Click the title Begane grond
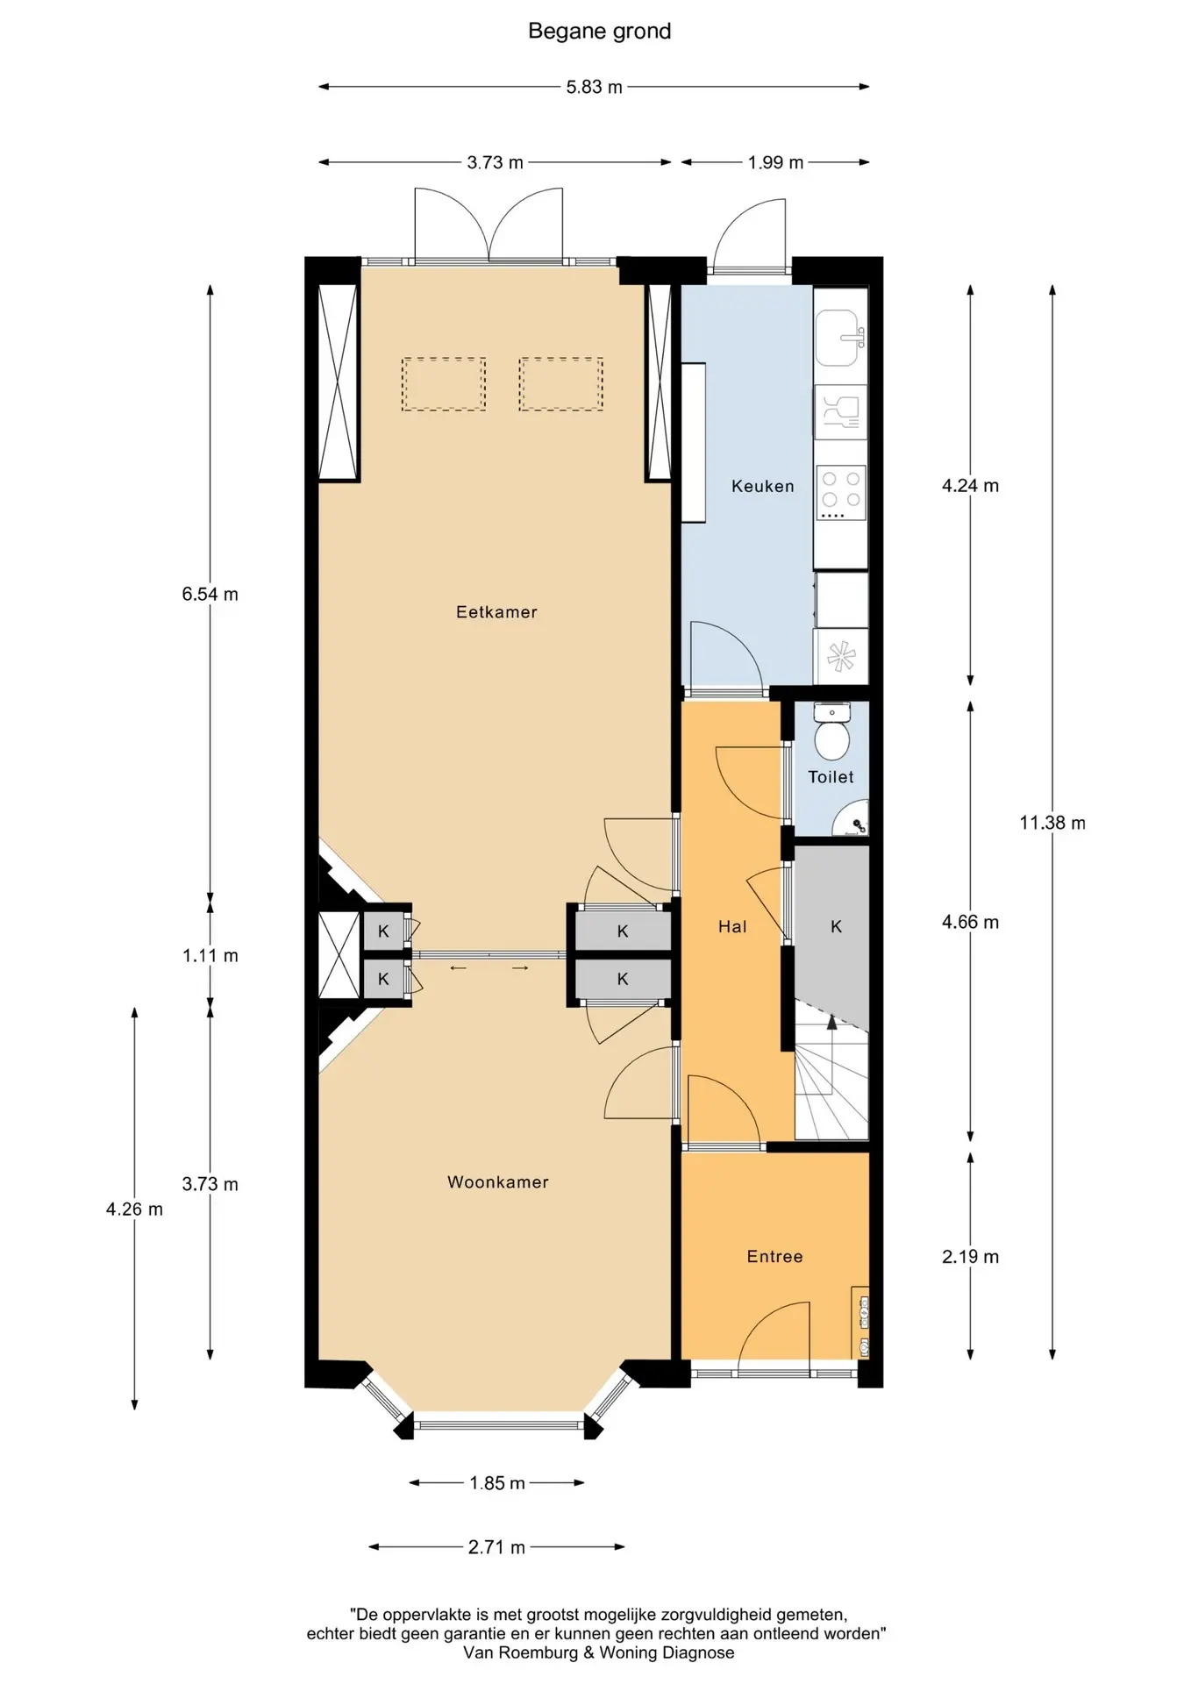click(599, 32)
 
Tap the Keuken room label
click(763, 486)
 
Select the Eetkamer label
click(496, 612)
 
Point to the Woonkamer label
click(498, 1182)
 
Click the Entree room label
click(775, 1257)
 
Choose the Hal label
click(732, 926)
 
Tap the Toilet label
click(831, 777)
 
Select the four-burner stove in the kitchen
click(841, 491)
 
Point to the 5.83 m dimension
click(594, 87)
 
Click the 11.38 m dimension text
click(1052, 823)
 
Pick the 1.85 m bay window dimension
click(497, 1483)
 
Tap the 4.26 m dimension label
click(134, 1209)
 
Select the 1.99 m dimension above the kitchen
click(775, 162)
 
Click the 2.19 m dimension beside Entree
click(970, 1257)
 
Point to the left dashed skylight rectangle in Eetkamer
click(444, 384)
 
